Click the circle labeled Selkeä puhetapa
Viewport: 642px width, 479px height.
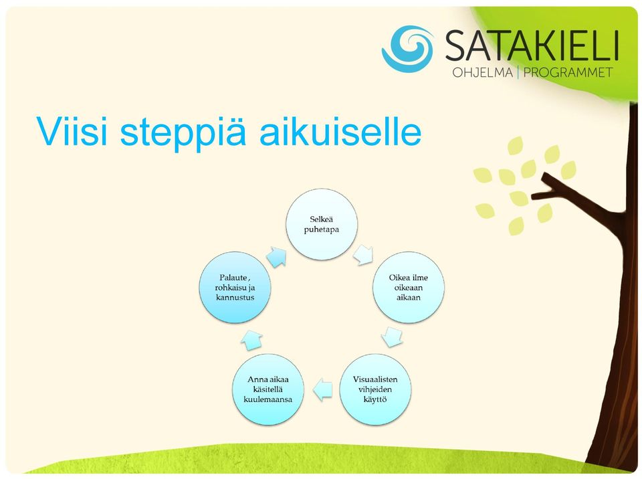tap(322, 224)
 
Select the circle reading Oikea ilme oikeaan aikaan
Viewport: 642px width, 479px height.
tap(408, 287)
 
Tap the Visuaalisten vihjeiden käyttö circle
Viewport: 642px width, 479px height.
tap(375, 389)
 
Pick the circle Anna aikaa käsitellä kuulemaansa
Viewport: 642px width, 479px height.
tap(267, 389)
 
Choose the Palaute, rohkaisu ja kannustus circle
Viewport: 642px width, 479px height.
tap(235, 287)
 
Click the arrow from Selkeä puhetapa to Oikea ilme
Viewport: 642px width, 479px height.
tap(363, 255)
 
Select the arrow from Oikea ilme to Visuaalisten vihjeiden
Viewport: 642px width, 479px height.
tap(393, 337)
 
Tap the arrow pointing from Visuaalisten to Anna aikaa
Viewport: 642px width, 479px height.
tap(322, 389)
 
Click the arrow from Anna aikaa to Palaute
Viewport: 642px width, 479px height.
tap(251, 340)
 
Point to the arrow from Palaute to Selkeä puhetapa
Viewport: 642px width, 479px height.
tap(276, 258)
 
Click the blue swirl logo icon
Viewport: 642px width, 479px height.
tap(407, 49)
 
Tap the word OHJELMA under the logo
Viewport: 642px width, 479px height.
tap(482, 72)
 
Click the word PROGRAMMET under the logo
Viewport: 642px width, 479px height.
tap(568, 72)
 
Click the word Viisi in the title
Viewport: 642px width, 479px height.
tap(72, 131)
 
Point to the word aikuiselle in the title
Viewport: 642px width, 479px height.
tap(340, 131)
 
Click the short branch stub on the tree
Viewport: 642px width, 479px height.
tap(550, 188)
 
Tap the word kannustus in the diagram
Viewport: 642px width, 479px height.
tap(235, 298)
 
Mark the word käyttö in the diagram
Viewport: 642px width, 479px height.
tap(375, 399)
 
